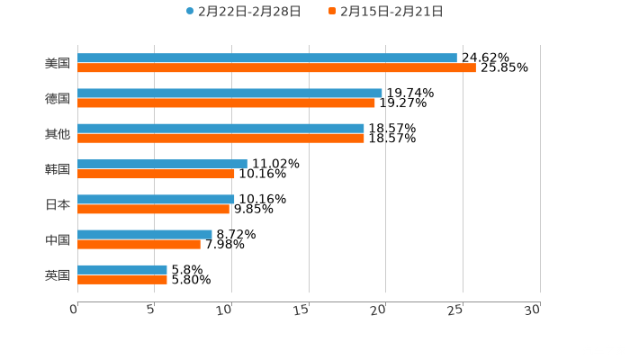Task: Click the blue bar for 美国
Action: pyautogui.click(x=267, y=58)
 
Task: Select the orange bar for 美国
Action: pyautogui.click(x=276, y=67)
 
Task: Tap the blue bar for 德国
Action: pyautogui.click(x=229, y=93)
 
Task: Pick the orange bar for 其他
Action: pyautogui.click(x=220, y=138)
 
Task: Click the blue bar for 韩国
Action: pyautogui.click(x=162, y=164)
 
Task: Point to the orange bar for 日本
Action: pyautogui.click(x=153, y=209)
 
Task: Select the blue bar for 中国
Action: pyautogui.click(x=145, y=234)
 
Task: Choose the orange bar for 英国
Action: pyautogui.click(x=122, y=279)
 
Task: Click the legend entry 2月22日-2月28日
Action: pyautogui.click(x=243, y=12)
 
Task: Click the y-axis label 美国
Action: pyautogui.click(x=58, y=63)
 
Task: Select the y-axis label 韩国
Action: pyautogui.click(x=58, y=169)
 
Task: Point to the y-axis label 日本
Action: pyautogui.click(x=58, y=204)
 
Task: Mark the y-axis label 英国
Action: pyautogui.click(x=58, y=274)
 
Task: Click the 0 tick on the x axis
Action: pyautogui.click(x=75, y=310)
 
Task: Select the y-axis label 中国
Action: pyautogui.click(x=58, y=239)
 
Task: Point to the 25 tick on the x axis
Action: pyautogui.click(x=456, y=310)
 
